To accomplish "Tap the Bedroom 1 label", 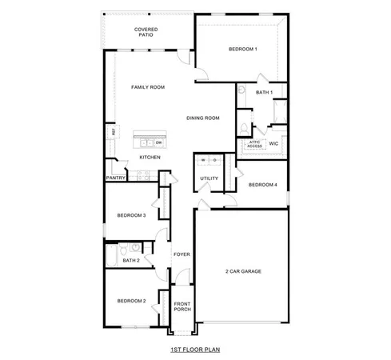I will pos(243,50).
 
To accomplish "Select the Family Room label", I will pos(148,86).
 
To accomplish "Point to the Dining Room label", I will pos(203,118).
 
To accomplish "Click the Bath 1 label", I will pos(265,93).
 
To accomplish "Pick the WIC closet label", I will pos(274,144).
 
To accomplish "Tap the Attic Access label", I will pos(254,144).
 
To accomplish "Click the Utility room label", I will pos(209,179).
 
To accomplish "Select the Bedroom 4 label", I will pos(263,185).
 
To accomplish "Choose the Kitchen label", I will pos(150,157).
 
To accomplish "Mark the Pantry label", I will pos(116,178).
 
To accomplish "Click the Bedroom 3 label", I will pos(131,215).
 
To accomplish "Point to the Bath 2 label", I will pos(132,260).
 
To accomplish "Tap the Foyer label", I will pos(182,254).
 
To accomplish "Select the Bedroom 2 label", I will pos(131,301).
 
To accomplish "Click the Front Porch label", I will pos(183,306).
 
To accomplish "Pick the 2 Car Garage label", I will pos(243,271).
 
